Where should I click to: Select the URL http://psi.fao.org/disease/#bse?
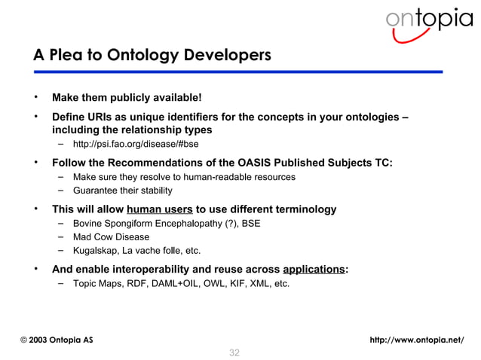point(136,145)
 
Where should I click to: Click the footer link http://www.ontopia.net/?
point(417,340)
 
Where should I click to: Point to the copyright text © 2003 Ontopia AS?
point(57,340)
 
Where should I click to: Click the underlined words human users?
point(160,209)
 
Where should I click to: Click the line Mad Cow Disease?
point(111,237)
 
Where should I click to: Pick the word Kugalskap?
point(96,251)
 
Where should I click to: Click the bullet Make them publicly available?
point(126,97)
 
